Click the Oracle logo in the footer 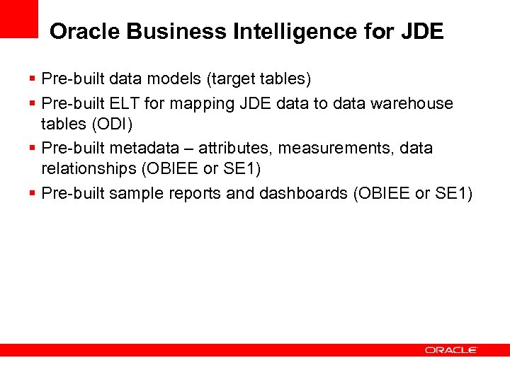point(450,350)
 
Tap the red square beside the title point(18,18)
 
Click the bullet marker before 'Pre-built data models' point(33,78)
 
